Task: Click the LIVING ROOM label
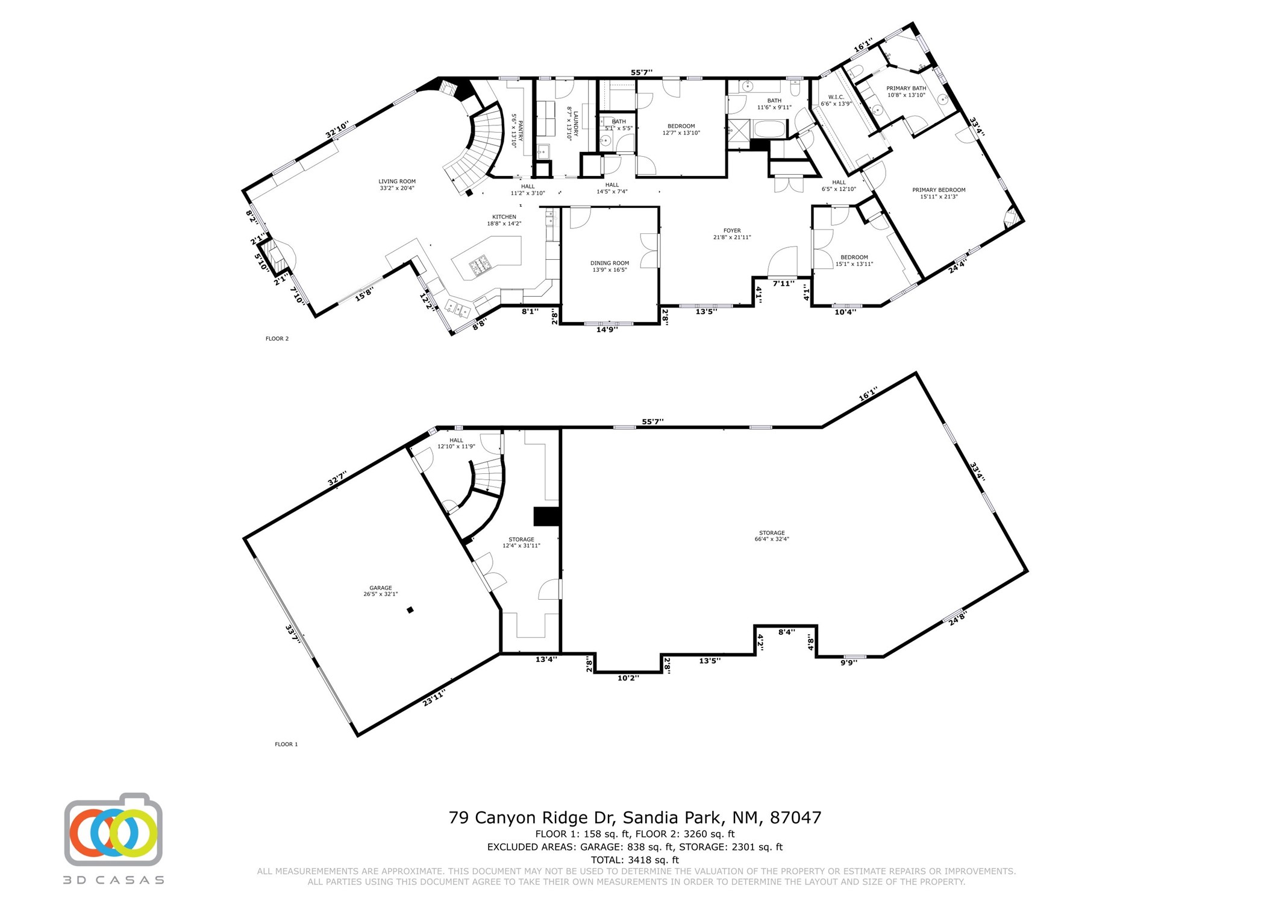(x=397, y=181)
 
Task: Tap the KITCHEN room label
(x=504, y=217)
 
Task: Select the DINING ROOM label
(x=610, y=263)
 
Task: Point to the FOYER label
(x=732, y=230)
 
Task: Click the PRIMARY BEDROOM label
(x=939, y=190)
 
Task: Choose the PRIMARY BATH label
(x=906, y=89)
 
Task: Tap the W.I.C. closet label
(x=836, y=97)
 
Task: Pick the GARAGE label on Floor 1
(x=381, y=588)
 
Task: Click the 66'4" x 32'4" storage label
(x=772, y=539)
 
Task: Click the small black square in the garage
(x=410, y=610)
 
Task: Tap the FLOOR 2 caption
(x=277, y=339)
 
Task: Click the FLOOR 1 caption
(x=286, y=744)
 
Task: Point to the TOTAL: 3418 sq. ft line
(x=635, y=860)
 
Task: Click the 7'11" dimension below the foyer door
(x=783, y=283)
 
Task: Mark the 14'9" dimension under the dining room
(x=607, y=329)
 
